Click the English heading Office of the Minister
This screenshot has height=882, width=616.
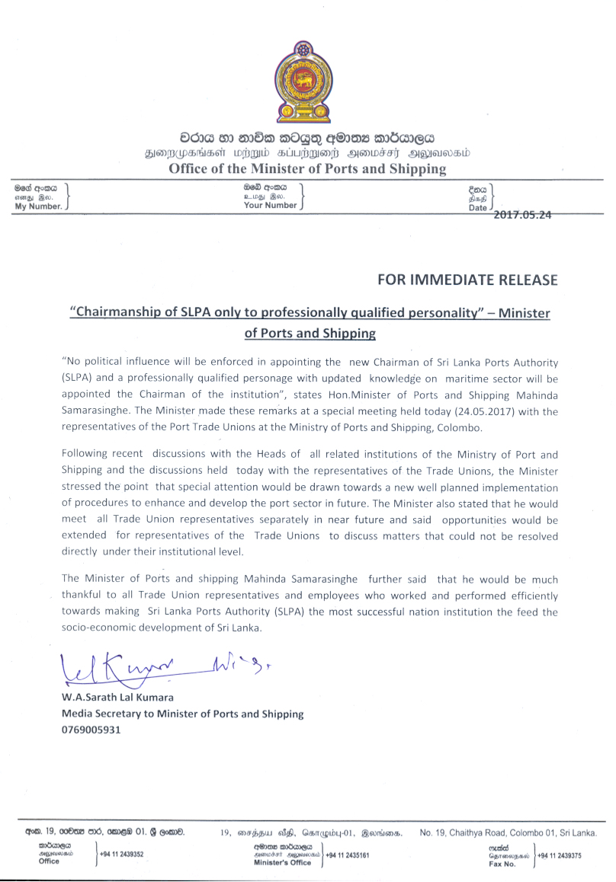click(307, 169)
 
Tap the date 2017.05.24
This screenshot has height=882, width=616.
click(522, 215)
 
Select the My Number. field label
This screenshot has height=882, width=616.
click(38, 206)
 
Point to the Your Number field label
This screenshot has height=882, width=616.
click(270, 205)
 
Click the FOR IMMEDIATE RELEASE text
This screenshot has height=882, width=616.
click(467, 280)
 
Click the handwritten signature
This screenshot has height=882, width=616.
click(145, 666)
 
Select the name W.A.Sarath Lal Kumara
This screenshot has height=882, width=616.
click(117, 698)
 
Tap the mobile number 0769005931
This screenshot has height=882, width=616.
click(91, 730)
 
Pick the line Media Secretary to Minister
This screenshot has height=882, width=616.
click(182, 714)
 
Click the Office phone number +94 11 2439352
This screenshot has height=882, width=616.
click(122, 855)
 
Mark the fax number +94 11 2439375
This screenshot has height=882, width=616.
click(560, 855)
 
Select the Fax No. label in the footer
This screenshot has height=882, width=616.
click(502, 864)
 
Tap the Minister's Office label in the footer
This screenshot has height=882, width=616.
click(283, 863)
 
